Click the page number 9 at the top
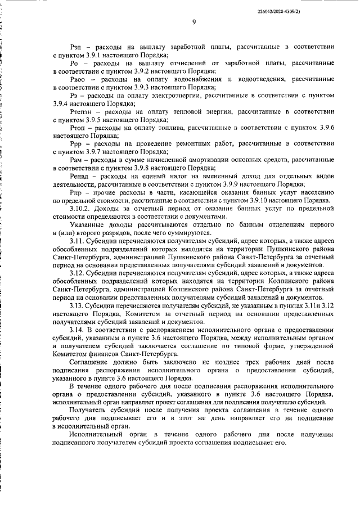[x=193, y=22]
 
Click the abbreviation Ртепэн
[x=83, y=112]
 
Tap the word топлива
[x=170, y=128]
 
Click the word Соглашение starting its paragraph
[x=91, y=364]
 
